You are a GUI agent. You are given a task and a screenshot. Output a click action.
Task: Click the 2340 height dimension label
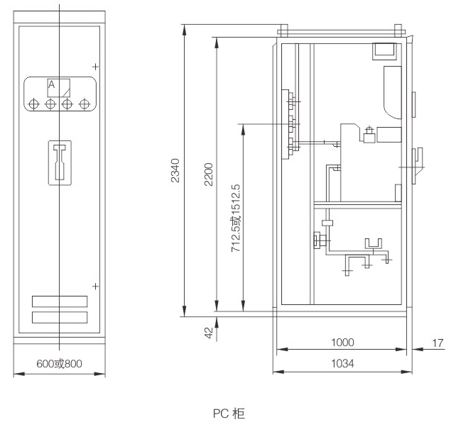175,170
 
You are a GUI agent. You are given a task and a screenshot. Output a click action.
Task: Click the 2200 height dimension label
209,174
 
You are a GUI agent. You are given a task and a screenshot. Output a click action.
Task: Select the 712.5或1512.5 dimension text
236,218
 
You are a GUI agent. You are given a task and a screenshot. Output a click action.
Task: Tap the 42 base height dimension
209,333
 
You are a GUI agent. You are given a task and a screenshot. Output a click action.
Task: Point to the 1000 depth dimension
342,343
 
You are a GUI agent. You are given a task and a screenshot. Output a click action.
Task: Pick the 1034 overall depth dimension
342,363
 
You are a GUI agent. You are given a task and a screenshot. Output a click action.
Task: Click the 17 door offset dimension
438,343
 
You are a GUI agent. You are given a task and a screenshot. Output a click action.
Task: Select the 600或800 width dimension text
60,364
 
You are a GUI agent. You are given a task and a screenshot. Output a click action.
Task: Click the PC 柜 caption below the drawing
229,414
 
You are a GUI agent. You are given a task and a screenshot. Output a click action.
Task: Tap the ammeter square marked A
59,88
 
